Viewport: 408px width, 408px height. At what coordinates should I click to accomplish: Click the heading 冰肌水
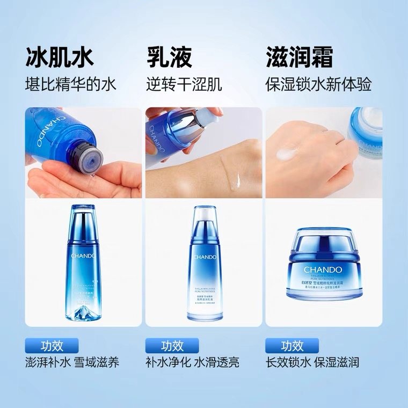pos(59,57)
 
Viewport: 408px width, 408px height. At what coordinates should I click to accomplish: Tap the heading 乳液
pos(169,57)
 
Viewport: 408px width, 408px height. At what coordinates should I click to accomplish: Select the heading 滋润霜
pos(300,57)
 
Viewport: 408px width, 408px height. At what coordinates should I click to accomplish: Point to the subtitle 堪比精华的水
pos(71,84)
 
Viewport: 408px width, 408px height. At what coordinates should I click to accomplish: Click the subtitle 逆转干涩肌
pos(184,84)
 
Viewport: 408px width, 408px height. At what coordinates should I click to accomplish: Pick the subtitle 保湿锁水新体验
pos(318,84)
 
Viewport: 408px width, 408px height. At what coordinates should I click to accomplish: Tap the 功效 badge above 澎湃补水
pos(52,345)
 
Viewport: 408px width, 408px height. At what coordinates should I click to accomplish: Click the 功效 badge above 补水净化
pos(172,345)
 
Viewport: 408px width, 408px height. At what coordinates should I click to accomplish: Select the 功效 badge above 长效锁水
pos(292,345)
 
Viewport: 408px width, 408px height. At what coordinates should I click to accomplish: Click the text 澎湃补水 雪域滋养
pos(72,362)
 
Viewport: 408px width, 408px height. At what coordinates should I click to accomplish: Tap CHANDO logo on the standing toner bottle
pos(83,256)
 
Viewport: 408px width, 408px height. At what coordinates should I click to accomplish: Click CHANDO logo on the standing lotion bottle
pos(204,257)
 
